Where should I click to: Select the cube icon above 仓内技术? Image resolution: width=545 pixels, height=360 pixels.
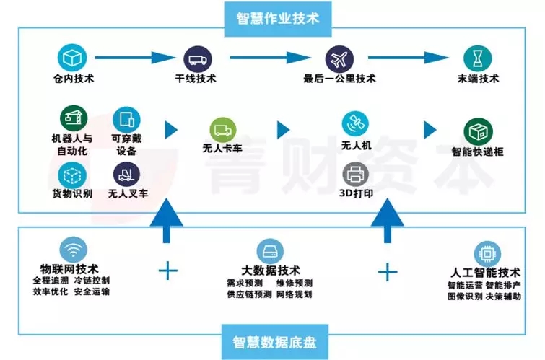pos(73,56)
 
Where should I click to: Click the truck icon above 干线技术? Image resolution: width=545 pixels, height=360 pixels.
pos(196,58)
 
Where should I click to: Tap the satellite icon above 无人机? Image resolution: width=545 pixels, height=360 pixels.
pos(355,123)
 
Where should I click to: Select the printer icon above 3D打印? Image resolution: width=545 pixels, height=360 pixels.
pos(355,173)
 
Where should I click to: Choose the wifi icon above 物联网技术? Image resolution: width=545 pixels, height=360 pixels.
pos(73,249)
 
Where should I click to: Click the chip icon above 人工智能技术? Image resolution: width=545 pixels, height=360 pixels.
pos(486,253)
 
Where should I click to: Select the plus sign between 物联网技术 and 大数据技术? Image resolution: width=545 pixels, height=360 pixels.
pos(167,271)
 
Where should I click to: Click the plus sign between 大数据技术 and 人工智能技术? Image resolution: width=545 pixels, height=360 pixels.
pos(388,271)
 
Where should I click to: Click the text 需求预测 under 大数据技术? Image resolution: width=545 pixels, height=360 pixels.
pos(239,284)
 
